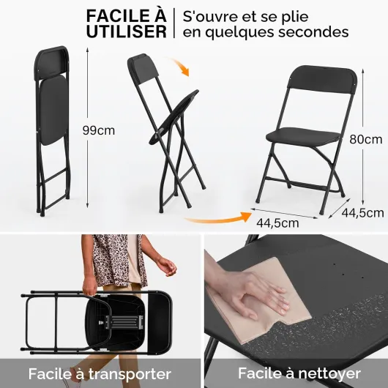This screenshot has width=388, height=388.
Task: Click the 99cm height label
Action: pyautogui.click(x=99, y=130)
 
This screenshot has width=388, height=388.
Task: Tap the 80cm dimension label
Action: pyautogui.click(x=366, y=139)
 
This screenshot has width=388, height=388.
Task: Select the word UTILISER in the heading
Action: pyautogui.click(x=127, y=31)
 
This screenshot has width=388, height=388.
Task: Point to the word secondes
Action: pyautogui.click(x=313, y=31)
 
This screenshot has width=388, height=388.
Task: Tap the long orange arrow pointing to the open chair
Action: pyautogui.click(x=217, y=217)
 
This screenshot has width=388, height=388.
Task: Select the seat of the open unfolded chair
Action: pyautogui.click(x=303, y=137)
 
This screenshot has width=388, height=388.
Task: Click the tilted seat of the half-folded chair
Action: pyautogui.click(x=174, y=117)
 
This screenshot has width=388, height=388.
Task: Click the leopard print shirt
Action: pyautogui.click(x=116, y=260)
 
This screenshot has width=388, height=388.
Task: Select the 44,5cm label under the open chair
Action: pyautogui.click(x=277, y=223)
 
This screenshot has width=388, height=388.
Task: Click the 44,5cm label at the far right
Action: pyautogui.click(x=363, y=213)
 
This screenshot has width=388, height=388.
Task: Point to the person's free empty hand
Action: pyautogui.click(x=168, y=266)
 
